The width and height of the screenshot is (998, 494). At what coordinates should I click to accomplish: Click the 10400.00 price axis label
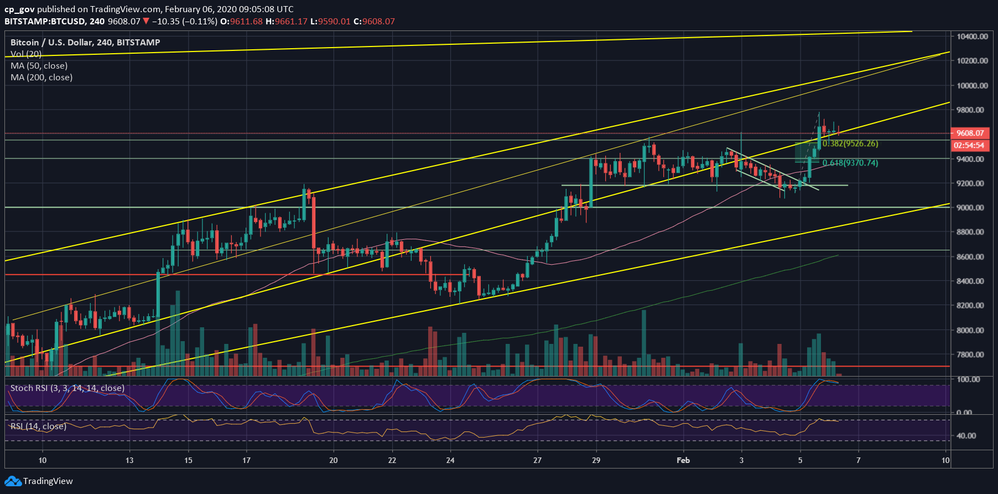[972, 37]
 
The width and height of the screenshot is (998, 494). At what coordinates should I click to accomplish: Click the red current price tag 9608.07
[970, 133]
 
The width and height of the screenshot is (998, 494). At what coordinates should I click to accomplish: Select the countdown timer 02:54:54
[969, 145]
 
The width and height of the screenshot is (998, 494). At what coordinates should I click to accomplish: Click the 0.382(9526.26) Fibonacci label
[850, 143]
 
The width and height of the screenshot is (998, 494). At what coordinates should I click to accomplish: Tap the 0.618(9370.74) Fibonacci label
[850, 163]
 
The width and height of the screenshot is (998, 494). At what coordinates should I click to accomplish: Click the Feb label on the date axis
[683, 460]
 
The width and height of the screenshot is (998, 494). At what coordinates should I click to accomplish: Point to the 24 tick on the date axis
[450, 460]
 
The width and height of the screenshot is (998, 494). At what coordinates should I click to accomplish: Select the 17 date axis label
[247, 460]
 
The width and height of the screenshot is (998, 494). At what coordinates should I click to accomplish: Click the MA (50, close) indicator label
[39, 66]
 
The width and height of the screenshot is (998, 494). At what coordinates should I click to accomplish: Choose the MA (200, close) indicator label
[41, 78]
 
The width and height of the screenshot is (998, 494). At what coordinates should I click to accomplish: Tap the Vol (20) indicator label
[26, 54]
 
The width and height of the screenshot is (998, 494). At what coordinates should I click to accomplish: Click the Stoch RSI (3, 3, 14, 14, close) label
[67, 388]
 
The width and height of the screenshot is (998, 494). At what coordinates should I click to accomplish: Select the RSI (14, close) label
[38, 426]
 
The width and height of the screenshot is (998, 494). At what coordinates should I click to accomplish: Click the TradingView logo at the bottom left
[39, 481]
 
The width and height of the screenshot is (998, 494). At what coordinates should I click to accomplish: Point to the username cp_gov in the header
[19, 9]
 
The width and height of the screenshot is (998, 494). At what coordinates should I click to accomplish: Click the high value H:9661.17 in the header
[286, 22]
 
